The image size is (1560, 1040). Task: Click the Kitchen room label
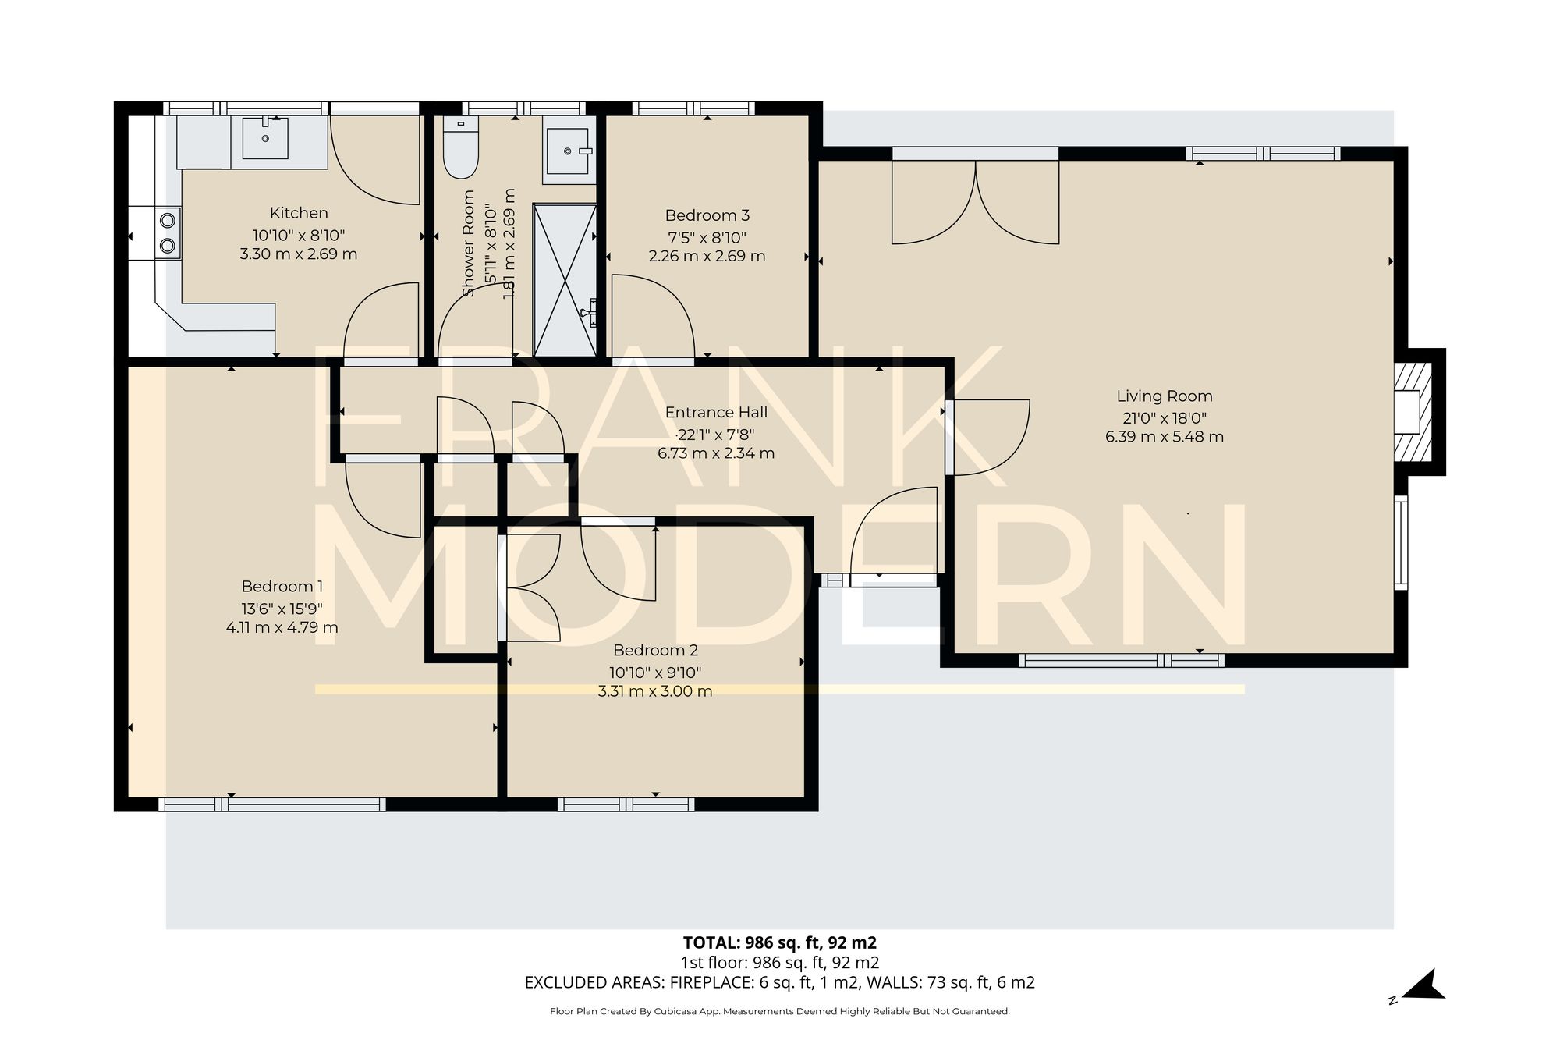click(299, 213)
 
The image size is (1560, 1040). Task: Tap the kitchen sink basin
click(265, 138)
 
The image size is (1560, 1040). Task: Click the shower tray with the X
click(565, 279)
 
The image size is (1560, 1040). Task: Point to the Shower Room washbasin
click(568, 151)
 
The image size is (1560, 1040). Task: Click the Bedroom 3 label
click(707, 215)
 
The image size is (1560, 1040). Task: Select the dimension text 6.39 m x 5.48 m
click(1164, 437)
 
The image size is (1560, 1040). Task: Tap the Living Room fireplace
click(1413, 412)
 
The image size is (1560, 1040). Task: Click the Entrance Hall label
click(716, 413)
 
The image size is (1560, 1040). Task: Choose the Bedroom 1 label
click(282, 587)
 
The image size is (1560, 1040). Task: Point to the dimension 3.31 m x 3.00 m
click(655, 691)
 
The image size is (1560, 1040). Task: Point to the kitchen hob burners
click(168, 232)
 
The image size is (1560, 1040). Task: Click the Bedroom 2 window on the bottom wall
click(626, 804)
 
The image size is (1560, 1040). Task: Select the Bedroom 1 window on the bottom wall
click(271, 804)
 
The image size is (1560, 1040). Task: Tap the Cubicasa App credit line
click(779, 1011)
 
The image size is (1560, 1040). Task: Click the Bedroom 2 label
click(655, 651)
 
